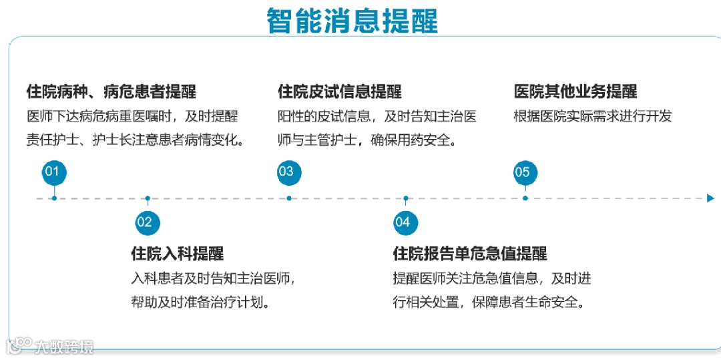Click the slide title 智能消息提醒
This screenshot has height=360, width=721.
352,20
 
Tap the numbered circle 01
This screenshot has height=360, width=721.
53,172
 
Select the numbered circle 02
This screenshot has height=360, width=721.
147,222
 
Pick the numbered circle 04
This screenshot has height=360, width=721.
405,222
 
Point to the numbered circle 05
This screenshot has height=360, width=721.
525,173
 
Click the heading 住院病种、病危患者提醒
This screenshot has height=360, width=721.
111,92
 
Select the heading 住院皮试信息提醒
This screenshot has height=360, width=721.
340,92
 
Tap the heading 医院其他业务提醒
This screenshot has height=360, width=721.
575,92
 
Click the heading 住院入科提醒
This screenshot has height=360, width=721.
177,254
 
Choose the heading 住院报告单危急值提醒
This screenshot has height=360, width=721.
470,254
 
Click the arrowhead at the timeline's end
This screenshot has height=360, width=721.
710,198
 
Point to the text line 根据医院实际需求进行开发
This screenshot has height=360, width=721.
592,116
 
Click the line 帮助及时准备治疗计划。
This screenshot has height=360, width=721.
200,302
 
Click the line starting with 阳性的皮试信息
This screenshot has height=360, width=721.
377,116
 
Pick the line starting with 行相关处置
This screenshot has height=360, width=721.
489,302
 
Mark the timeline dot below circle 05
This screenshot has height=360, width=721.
525,198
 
